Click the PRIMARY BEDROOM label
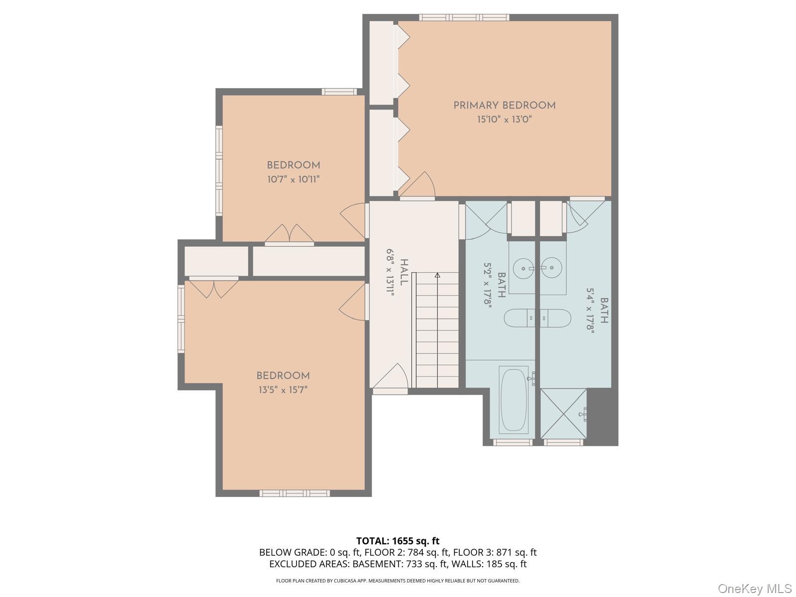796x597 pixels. pos(504,105)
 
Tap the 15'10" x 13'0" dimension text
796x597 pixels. pos(504,119)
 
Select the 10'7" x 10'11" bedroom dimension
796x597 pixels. pos(293,179)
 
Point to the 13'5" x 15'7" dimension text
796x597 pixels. pos(283,390)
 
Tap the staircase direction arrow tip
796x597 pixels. pos(437,274)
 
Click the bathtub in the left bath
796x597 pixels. pos(514,399)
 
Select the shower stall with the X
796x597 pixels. pos(564,413)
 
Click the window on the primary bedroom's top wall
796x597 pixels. pos(464,17)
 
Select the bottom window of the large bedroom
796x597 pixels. pos(295,493)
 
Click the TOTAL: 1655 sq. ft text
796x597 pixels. pos(398,541)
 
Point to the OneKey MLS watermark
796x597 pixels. pos(754,589)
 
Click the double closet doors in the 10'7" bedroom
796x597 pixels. pos(289,234)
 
